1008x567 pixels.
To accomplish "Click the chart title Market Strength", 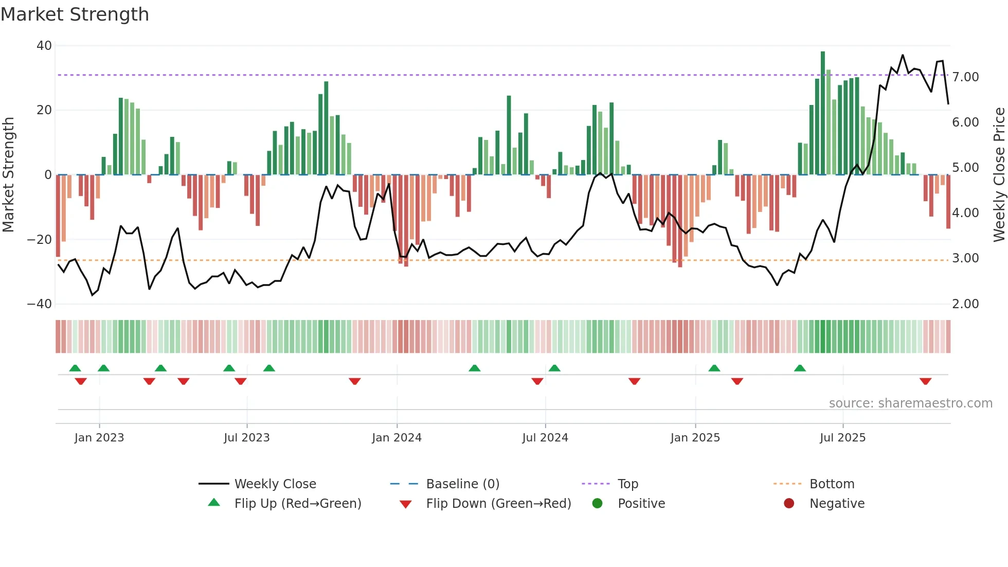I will coord(75,14).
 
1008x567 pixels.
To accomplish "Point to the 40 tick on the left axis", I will coord(44,46).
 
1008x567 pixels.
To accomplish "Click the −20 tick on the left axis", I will coord(40,240).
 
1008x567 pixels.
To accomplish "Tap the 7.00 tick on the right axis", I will coord(965,77).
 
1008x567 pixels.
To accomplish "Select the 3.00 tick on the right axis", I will coord(965,258).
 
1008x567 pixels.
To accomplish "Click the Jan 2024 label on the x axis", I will coord(397,438).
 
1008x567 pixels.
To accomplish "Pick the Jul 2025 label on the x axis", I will coord(842,438).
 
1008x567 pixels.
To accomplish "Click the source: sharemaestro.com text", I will coord(910,403).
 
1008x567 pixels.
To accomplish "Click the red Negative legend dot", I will coord(789,504).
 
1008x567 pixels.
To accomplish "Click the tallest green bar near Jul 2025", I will coord(823,113).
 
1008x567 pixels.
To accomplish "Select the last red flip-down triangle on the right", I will coord(926,381).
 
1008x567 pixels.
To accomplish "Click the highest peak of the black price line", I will coord(903,55).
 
